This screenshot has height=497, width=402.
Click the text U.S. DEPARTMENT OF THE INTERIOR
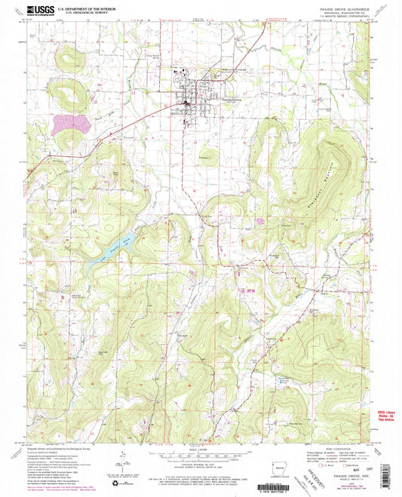click(85, 7)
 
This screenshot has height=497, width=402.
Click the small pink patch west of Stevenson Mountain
click(261, 221)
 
